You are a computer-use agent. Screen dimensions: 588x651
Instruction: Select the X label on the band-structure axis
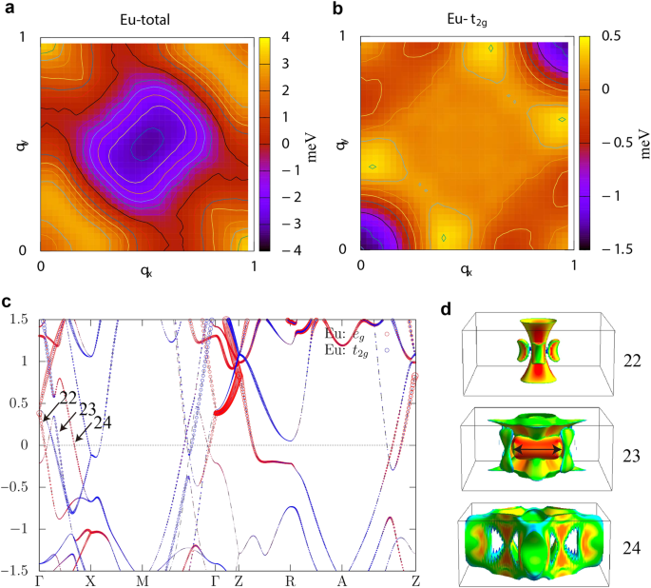(x=90, y=580)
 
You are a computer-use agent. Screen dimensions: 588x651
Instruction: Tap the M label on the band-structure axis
(x=143, y=580)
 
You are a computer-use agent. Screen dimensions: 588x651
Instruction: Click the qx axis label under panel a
(x=145, y=269)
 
